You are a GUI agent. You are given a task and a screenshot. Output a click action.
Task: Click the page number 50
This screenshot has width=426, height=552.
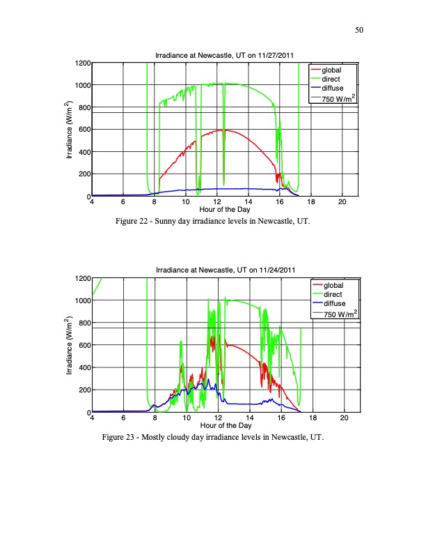pyautogui.click(x=360, y=30)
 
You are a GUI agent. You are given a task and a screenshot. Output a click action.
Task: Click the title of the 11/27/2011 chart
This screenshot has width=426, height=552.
pyautogui.click(x=225, y=56)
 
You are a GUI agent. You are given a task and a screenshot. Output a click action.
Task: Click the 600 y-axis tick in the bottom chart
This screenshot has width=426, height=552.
pyautogui.click(x=83, y=346)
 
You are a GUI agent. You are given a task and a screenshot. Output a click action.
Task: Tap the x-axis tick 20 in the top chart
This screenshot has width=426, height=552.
pyautogui.click(x=342, y=202)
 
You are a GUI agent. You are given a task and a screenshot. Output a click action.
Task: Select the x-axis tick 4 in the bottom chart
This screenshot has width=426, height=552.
pyautogui.click(x=92, y=418)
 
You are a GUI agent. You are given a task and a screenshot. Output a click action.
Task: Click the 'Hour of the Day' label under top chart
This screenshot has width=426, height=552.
pyautogui.click(x=225, y=210)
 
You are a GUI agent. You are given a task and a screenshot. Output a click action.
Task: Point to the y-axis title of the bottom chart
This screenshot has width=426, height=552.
pyautogui.click(x=69, y=346)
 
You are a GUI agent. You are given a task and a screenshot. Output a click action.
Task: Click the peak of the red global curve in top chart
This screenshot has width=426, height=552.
pyautogui.click(x=223, y=130)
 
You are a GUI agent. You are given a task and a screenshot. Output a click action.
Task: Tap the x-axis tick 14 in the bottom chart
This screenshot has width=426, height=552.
pyautogui.click(x=248, y=418)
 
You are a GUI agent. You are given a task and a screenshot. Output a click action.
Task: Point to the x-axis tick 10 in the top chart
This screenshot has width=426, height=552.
pyautogui.click(x=185, y=202)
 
